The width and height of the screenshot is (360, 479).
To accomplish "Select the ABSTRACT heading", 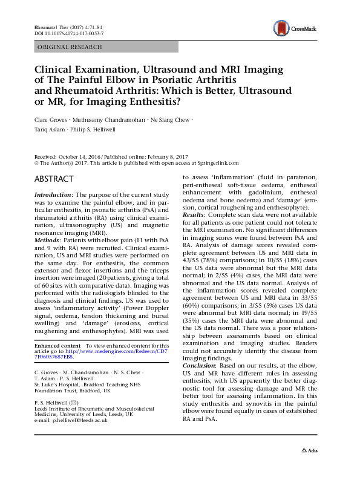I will click(x=54, y=179).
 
